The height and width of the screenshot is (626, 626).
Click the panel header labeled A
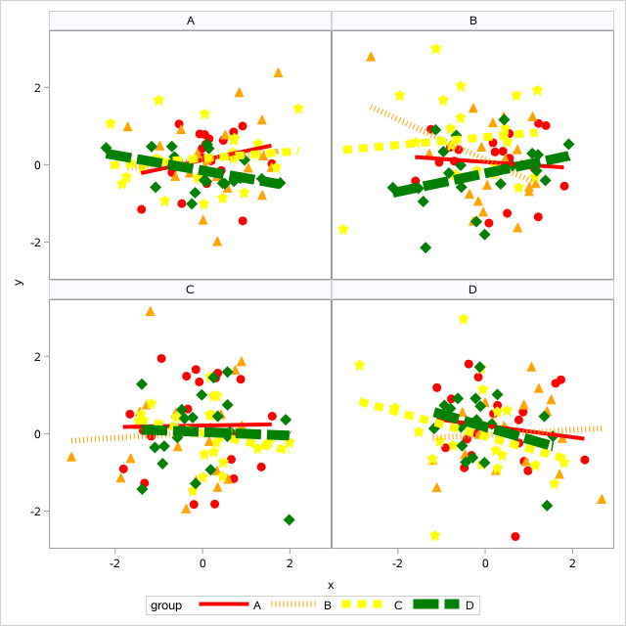point(190,21)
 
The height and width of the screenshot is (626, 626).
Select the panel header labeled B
point(473,21)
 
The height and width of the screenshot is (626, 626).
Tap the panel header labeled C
point(190,290)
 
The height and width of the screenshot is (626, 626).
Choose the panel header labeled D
point(473,290)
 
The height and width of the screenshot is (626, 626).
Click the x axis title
point(331,584)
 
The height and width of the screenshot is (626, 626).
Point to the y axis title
point(19,281)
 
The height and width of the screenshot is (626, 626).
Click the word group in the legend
point(166,605)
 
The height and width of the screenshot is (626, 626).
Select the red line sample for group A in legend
point(223,605)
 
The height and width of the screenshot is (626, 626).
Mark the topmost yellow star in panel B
point(435,49)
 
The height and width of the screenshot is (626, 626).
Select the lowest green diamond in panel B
point(425,247)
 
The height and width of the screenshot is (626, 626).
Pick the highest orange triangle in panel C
point(150,311)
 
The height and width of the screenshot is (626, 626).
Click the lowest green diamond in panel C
point(289,519)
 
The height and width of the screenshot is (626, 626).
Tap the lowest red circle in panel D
point(515,536)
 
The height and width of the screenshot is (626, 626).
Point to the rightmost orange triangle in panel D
point(602,499)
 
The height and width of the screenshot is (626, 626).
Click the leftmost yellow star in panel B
point(343,230)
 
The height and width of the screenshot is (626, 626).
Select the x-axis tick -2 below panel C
point(115,563)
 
